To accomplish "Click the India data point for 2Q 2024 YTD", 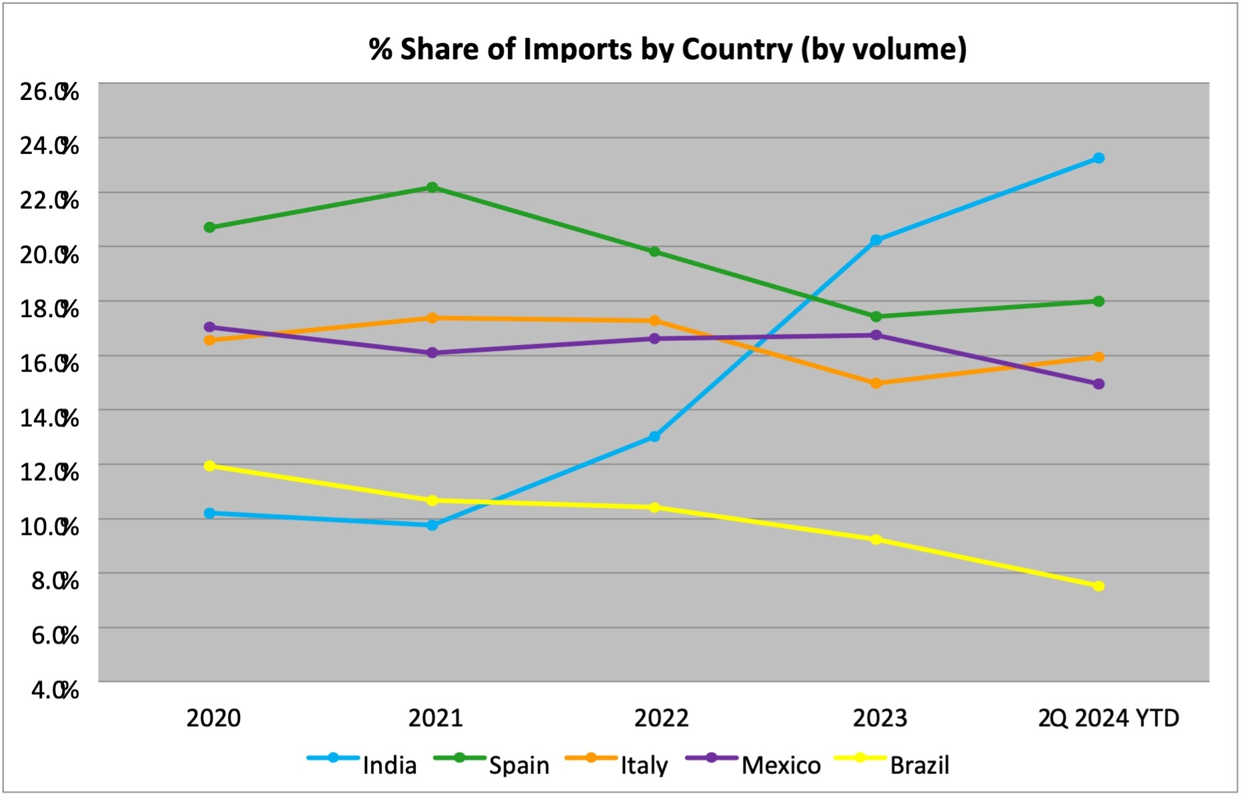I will click(1098, 158).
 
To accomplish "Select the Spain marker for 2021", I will click(432, 187).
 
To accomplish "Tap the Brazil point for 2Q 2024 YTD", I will click(1098, 586).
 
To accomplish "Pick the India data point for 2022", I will click(654, 436).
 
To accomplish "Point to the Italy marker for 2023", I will click(876, 383).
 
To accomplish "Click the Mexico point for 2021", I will click(432, 352).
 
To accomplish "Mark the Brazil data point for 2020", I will click(209, 466).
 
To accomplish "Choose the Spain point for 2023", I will click(876, 316).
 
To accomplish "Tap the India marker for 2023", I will click(876, 240).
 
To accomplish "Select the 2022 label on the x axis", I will click(661, 718).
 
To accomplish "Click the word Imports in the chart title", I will click(578, 49).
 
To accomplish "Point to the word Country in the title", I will click(737, 49).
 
